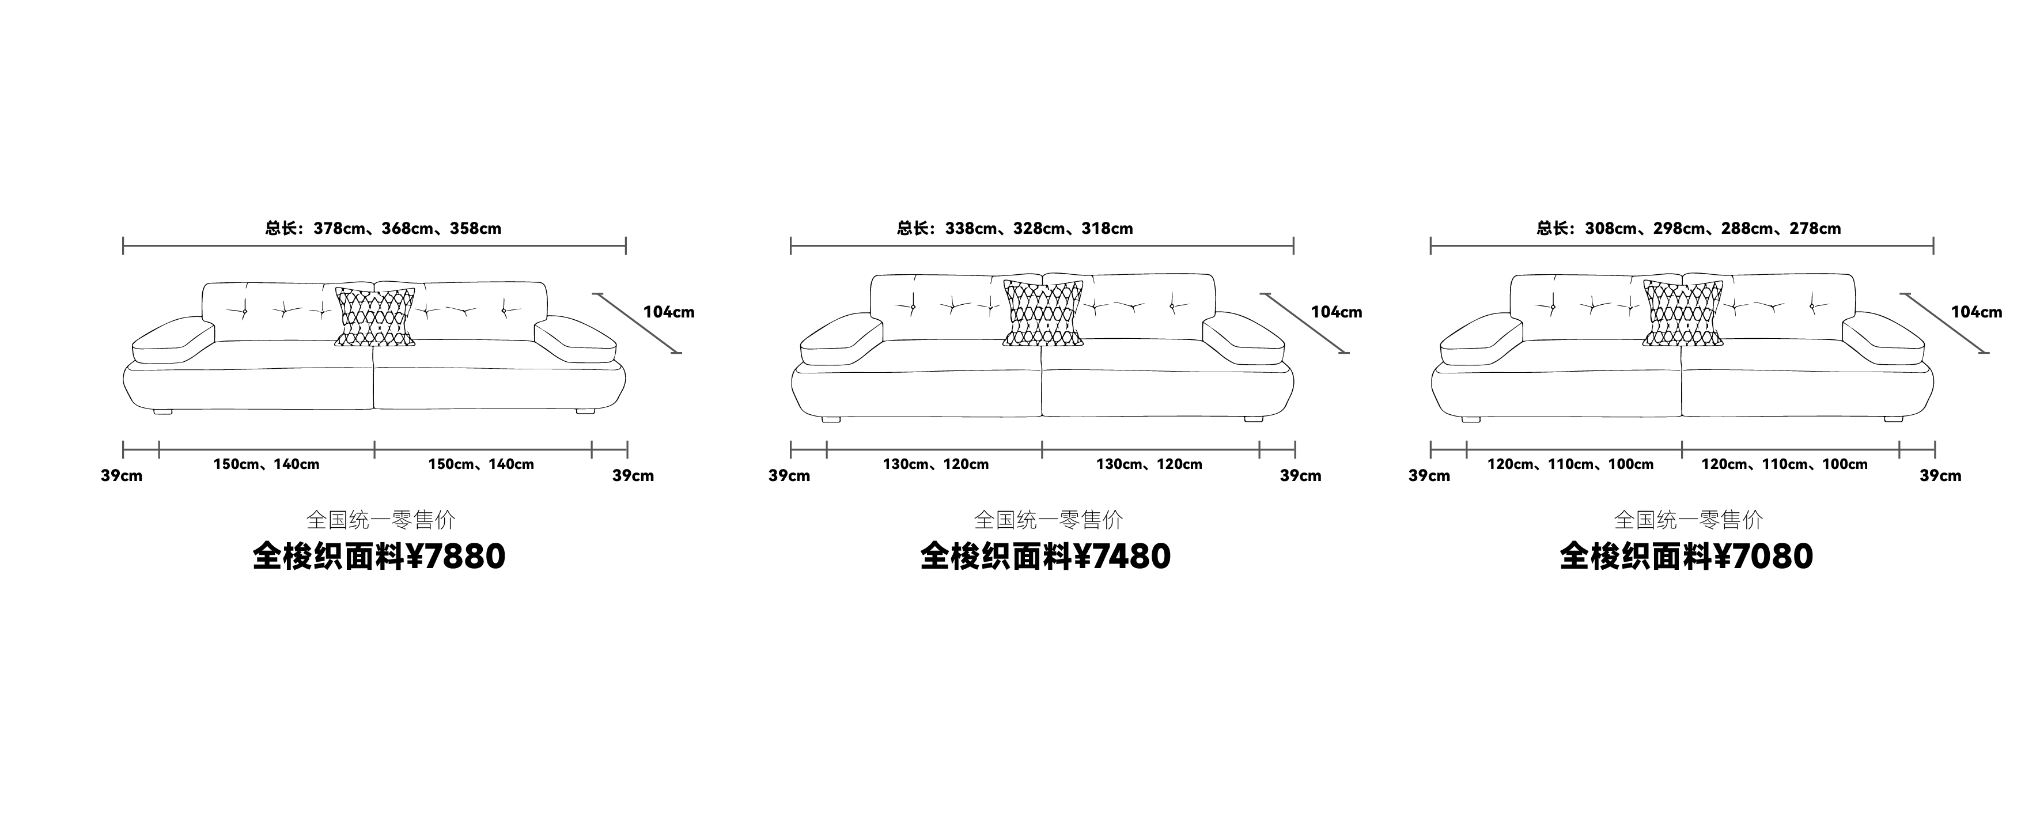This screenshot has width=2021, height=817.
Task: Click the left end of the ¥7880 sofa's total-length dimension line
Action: [123, 245]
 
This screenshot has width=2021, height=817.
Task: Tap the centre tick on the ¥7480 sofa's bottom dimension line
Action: [1043, 450]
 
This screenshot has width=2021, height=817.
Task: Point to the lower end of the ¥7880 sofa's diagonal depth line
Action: [680, 353]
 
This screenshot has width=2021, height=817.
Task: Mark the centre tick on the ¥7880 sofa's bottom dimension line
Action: [375, 450]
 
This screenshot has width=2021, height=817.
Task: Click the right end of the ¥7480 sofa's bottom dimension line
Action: [1295, 450]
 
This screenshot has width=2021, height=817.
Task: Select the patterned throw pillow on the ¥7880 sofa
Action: [375, 317]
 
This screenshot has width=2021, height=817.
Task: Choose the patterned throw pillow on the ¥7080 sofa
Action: [1683, 313]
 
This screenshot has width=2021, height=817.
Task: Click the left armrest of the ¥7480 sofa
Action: [840, 339]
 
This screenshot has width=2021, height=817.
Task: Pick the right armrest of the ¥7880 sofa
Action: [575, 339]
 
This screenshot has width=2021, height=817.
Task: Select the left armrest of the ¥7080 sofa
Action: [1481, 339]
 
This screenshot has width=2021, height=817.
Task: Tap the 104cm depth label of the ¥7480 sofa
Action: [1337, 312]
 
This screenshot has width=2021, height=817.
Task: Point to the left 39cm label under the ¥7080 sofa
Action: [1429, 475]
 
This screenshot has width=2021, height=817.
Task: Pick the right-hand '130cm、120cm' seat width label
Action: [1149, 464]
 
